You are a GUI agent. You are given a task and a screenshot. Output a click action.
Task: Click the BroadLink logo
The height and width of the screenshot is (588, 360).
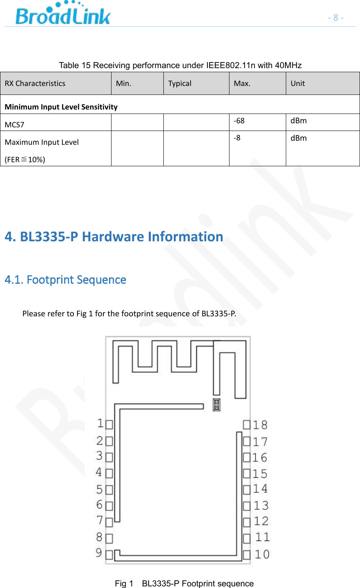63,14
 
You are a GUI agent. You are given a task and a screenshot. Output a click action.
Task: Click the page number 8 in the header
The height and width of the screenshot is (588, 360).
336,17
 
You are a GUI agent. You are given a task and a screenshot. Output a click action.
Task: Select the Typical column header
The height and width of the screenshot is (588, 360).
180,84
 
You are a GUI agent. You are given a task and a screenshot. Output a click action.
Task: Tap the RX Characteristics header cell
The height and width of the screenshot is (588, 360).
35,84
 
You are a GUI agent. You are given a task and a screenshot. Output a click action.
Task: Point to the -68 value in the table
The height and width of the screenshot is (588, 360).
239,121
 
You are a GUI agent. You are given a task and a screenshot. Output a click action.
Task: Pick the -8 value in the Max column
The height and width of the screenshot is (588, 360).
237,138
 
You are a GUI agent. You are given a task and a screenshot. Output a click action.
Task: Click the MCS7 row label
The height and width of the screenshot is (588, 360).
15,125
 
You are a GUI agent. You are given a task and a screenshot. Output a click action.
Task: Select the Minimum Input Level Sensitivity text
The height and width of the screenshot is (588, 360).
61,107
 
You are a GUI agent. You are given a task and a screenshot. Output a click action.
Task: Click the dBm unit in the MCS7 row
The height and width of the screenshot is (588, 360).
298,121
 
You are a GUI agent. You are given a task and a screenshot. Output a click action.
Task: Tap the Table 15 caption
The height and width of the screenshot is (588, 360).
180,65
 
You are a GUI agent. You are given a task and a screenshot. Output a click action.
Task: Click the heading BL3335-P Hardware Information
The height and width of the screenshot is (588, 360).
114,236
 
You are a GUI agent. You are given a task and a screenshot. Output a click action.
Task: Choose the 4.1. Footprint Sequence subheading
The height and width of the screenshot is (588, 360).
65,280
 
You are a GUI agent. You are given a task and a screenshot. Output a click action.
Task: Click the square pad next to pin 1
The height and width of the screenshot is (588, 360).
109,425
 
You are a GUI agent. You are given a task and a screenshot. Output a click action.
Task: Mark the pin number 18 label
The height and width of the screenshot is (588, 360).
260,425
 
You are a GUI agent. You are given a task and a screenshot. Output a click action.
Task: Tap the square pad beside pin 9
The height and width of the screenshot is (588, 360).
109,554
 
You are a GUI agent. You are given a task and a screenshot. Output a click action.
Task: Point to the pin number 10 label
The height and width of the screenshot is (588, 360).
262,554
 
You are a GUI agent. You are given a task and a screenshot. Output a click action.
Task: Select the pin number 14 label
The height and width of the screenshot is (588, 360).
260,489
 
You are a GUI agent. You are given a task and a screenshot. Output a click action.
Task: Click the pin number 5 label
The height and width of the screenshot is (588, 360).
99,489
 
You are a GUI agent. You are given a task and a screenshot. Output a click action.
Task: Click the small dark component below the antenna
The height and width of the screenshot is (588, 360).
217,405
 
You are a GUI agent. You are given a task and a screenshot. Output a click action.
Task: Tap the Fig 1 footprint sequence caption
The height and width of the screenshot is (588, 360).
184,584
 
